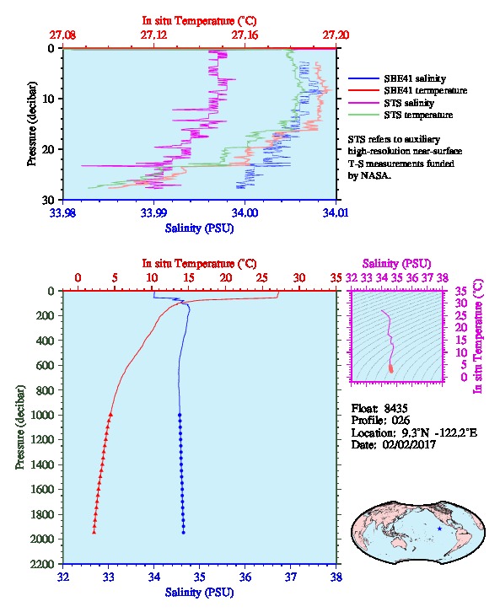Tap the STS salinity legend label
coord(409,103)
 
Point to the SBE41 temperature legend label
coord(426,90)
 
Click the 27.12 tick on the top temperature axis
coord(153,35)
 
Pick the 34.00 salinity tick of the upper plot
coord(245,212)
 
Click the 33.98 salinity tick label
coord(63,212)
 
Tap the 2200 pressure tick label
coord(42,564)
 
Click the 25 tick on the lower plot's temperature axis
coord(262,277)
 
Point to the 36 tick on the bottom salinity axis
coord(245,577)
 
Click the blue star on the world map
coord(439,529)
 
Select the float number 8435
coord(395,408)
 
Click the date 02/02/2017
coord(409,444)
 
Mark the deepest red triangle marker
coord(94,532)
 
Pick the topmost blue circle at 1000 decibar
coord(180,415)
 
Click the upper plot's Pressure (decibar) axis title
coord(32,124)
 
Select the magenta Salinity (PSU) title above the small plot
coord(396,264)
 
